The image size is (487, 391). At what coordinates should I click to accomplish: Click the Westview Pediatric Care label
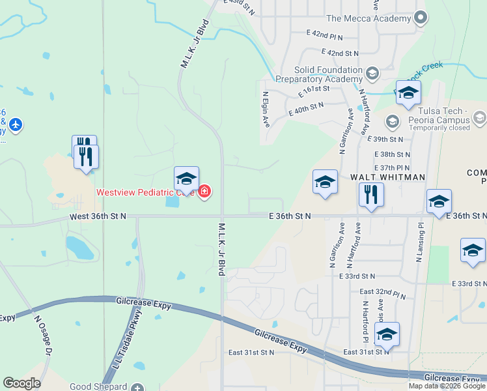[x=145, y=192]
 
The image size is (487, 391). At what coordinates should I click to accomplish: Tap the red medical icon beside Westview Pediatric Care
[x=204, y=192]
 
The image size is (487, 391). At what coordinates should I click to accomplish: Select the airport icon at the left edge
[x=16, y=124]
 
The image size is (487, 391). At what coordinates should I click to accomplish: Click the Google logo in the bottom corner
[x=21, y=383]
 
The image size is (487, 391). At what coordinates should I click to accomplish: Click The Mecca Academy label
[x=370, y=18]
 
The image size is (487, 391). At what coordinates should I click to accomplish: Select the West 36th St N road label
[x=98, y=216]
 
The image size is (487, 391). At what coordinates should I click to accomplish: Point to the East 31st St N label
[x=251, y=353]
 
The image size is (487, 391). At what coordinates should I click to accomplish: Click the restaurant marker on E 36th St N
[x=371, y=195]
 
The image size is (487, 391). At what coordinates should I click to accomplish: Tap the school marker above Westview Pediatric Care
[x=186, y=179]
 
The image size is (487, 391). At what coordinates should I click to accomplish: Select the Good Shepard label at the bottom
[x=99, y=386]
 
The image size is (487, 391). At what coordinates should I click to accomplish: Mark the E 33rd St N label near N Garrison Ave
[x=357, y=276]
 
